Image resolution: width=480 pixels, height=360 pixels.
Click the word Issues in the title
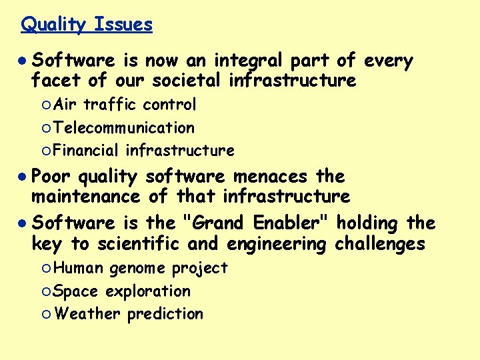point(123,25)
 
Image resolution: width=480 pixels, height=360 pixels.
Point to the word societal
point(187,81)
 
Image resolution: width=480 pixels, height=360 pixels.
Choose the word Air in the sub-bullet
point(66,105)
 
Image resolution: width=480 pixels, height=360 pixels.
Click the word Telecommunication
point(125,127)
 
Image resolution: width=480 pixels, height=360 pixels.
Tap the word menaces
point(270,177)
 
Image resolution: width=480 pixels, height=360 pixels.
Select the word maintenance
point(86,196)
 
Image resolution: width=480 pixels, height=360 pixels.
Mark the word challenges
point(379,244)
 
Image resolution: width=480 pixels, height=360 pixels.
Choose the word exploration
point(148,291)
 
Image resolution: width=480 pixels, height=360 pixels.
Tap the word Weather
point(87,313)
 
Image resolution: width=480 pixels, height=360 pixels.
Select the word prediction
point(165,313)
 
